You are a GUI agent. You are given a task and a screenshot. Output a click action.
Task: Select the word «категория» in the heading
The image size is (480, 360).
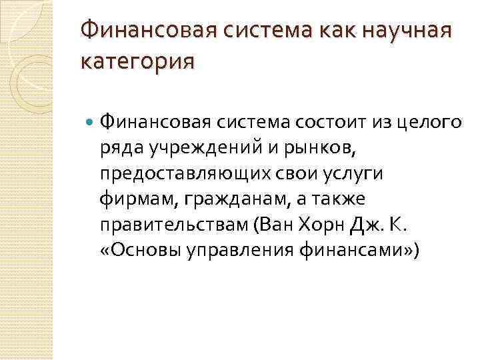point(137,61)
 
